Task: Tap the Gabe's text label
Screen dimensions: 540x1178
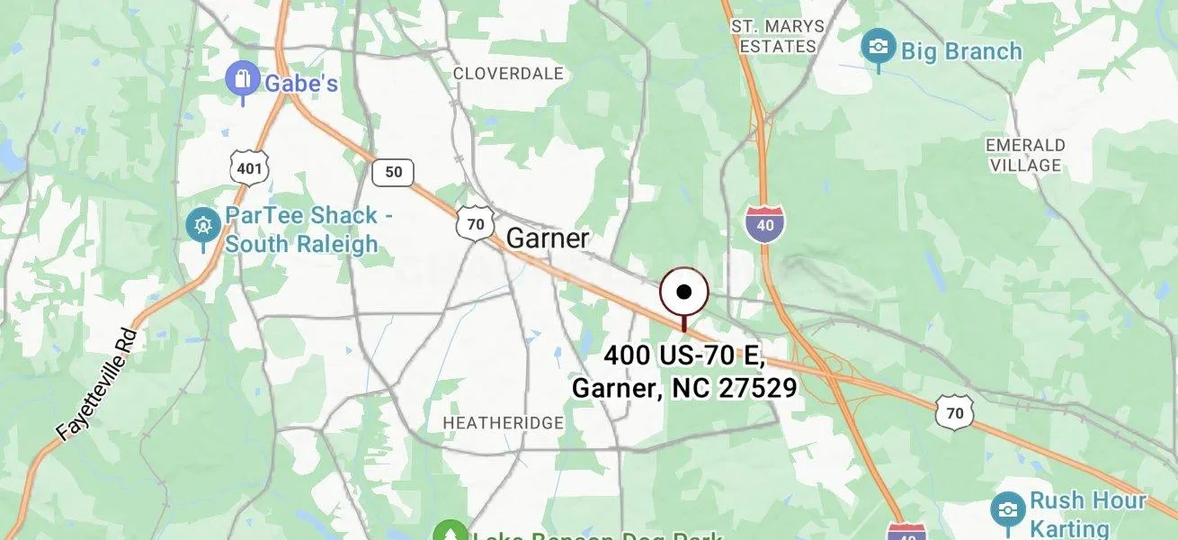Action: pos(301,84)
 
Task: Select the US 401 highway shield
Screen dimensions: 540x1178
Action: pos(247,166)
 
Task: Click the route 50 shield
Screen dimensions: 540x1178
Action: pos(394,172)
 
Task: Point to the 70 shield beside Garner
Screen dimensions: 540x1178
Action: pos(475,223)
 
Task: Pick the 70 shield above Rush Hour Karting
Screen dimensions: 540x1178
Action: pos(954,411)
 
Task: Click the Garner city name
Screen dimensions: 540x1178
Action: pos(548,238)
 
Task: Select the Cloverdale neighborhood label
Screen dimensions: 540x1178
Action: pos(508,73)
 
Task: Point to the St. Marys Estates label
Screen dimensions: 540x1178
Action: pos(778,35)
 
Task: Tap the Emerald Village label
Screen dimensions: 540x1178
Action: pos(1025,155)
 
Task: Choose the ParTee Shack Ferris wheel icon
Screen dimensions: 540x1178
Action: pos(203,224)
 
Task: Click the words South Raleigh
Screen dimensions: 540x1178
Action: pos(301,244)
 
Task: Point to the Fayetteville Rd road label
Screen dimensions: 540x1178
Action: pos(96,384)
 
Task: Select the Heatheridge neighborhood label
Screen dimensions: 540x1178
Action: pos(504,422)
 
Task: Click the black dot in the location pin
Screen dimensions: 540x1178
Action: pos(684,292)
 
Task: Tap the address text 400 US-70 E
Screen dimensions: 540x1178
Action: pos(683,355)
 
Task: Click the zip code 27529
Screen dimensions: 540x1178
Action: pos(757,388)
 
